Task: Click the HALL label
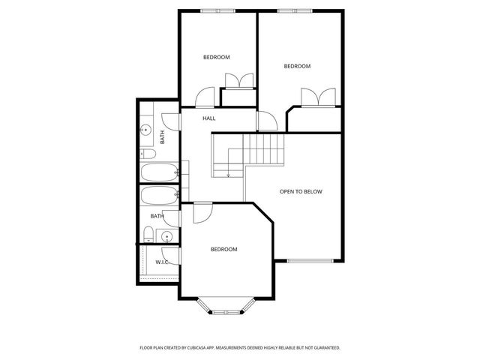[x=208, y=118]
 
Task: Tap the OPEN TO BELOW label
[x=301, y=192]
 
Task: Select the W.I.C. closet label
[x=162, y=262]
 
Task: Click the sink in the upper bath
[x=146, y=130]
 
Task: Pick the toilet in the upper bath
[x=148, y=154]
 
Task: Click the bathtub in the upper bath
[x=159, y=172]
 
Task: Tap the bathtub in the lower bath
[x=159, y=195]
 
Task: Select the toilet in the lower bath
[x=148, y=235]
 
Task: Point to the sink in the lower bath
[x=166, y=236]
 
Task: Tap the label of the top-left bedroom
[x=217, y=57]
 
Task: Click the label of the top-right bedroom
[x=297, y=66]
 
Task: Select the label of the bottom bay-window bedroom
[x=223, y=250]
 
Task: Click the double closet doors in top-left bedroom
[x=239, y=81]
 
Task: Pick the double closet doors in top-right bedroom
[x=318, y=97]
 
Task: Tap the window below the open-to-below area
[x=310, y=261]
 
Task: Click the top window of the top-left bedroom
[x=218, y=11]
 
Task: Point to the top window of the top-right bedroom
[x=295, y=11]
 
